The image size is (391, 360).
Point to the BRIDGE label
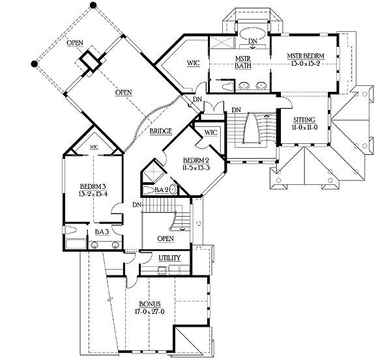(160, 132)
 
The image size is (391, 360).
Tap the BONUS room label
(151, 304)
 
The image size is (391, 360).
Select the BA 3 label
(101, 231)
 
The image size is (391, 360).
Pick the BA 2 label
(162, 190)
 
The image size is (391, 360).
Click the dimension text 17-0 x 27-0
(151, 312)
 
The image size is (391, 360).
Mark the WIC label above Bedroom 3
(93, 148)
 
